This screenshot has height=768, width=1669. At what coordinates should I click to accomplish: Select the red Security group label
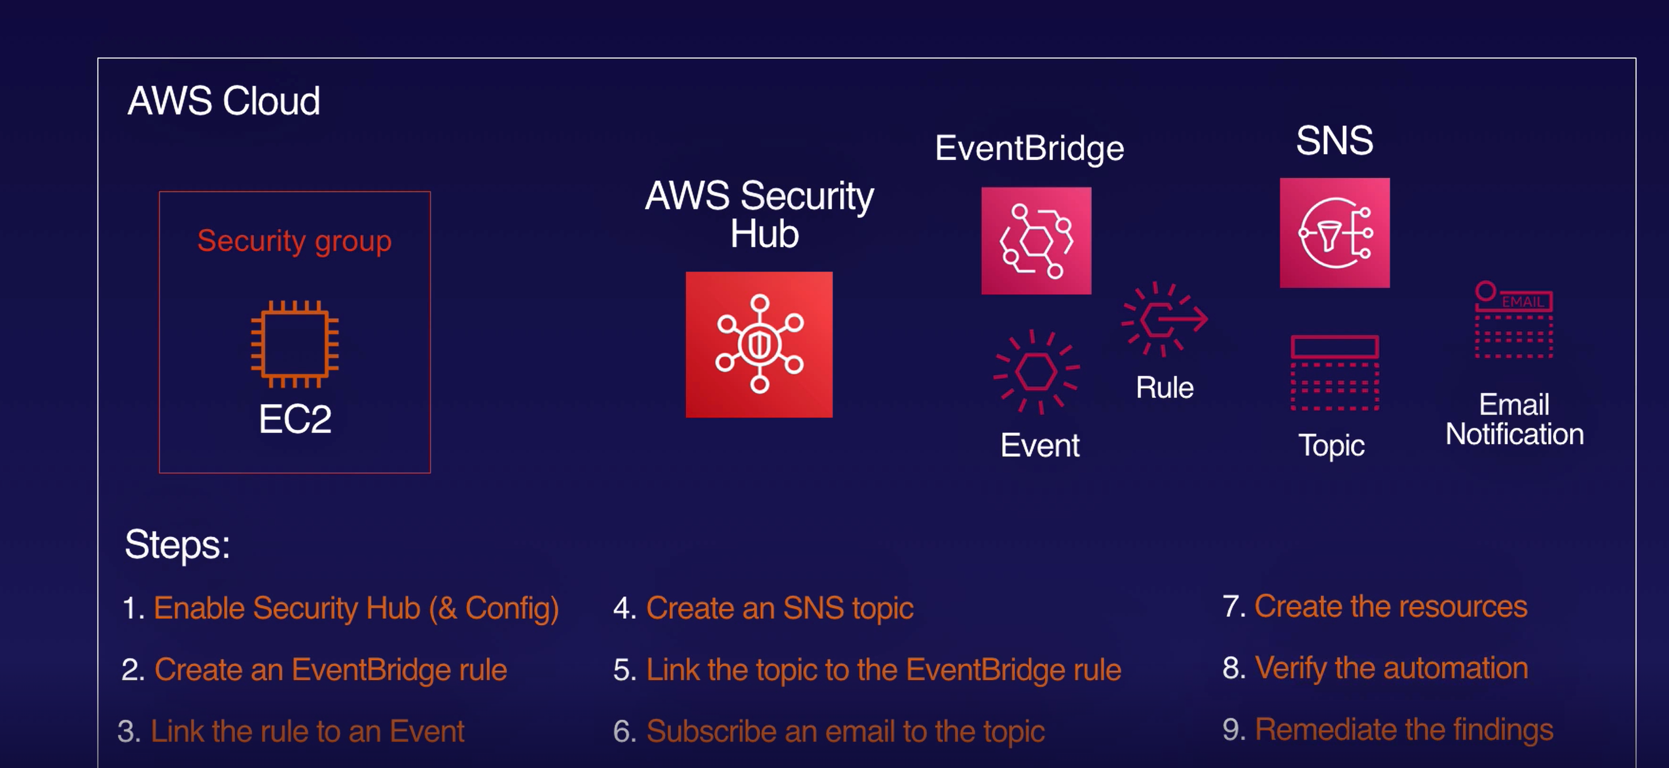click(294, 241)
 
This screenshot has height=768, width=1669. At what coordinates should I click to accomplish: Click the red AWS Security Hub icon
click(759, 344)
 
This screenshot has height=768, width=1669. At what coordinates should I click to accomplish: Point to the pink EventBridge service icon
click(1035, 241)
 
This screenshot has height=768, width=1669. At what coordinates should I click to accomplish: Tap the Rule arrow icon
click(1164, 319)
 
